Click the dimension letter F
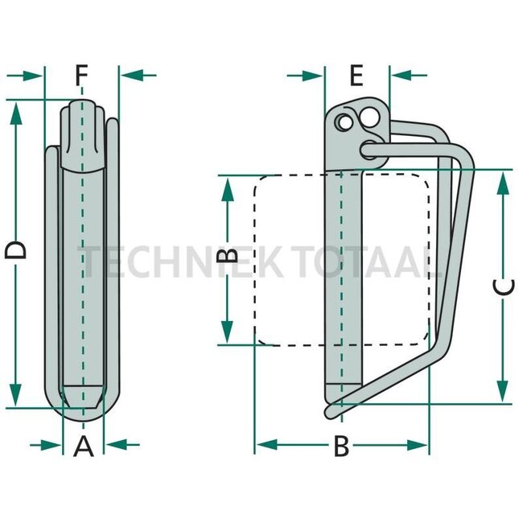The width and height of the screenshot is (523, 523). pos(80,76)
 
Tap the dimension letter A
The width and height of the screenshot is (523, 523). pos(84,445)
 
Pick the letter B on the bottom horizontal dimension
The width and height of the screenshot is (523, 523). pos(341,446)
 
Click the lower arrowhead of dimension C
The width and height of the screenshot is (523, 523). pos(503,391)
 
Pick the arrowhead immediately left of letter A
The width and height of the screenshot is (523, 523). pos(53,444)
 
